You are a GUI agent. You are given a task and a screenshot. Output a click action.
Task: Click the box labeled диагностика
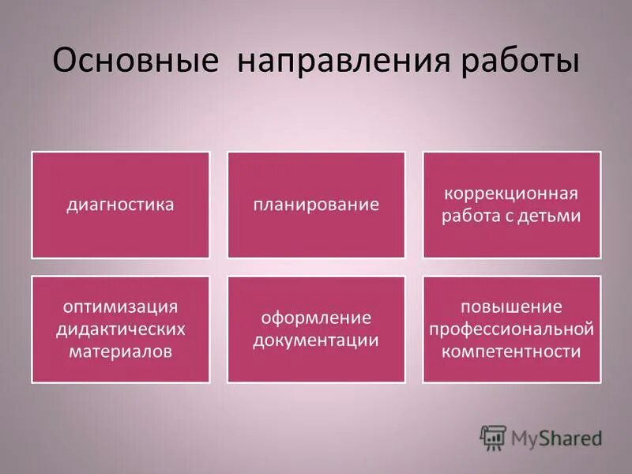[x=120, y=205]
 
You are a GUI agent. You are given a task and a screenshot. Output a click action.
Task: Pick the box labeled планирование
[x=316, y=205]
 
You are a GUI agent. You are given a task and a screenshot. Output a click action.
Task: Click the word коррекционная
[x=512, y=194]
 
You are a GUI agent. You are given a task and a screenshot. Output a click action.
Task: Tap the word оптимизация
[x=120, y=306]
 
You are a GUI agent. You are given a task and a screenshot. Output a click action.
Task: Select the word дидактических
[x=120, y=329]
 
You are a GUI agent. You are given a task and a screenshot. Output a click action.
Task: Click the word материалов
[x=120, y=351]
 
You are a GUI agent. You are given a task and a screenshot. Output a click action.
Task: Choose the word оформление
[x=316, y=318]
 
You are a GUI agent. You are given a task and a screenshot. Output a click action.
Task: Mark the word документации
[x=316, y=340]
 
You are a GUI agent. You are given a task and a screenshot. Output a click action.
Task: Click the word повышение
[x=512, y=307]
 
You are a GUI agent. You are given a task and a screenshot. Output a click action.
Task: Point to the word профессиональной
[x=512, y=329]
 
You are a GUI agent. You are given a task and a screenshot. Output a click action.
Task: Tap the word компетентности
[x=512, y=351]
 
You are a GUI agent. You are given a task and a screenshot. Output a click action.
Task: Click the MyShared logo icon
[x=493, y=436]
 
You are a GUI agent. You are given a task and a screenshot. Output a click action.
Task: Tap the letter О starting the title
[x=66, y=61]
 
